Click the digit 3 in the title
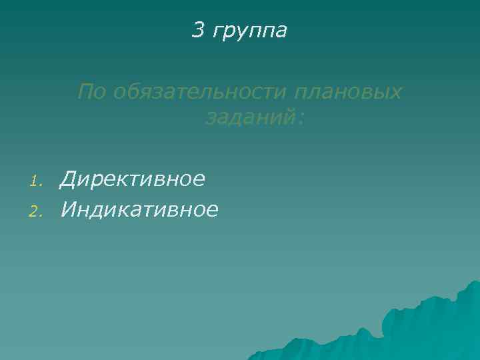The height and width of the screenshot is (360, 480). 198,29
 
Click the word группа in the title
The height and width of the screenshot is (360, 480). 249,31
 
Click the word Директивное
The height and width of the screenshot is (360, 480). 132,179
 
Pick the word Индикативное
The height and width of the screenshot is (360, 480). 139,210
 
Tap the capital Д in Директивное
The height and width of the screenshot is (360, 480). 68,179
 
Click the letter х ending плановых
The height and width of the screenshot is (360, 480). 396,93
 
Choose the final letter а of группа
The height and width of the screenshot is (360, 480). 281,31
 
